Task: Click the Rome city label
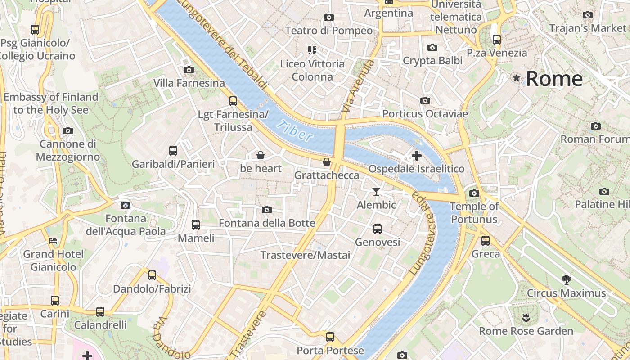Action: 554,79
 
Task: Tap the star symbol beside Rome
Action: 517,78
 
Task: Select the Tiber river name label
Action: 295,130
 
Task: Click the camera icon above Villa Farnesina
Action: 189,70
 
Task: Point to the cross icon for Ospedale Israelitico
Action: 417,156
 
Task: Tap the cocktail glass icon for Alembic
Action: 376,192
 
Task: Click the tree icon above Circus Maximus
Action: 567,279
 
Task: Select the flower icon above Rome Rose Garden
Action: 526,318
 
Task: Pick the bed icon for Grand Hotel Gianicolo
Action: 53,241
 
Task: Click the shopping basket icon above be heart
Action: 260,155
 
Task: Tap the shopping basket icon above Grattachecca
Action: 327,162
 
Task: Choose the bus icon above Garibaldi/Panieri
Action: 173,150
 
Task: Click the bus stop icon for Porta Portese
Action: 330,337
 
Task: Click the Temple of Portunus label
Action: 474,213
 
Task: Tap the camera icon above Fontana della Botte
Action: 267,210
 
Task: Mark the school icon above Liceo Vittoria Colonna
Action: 312,50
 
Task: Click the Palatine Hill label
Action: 602,204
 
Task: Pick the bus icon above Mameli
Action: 196,225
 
